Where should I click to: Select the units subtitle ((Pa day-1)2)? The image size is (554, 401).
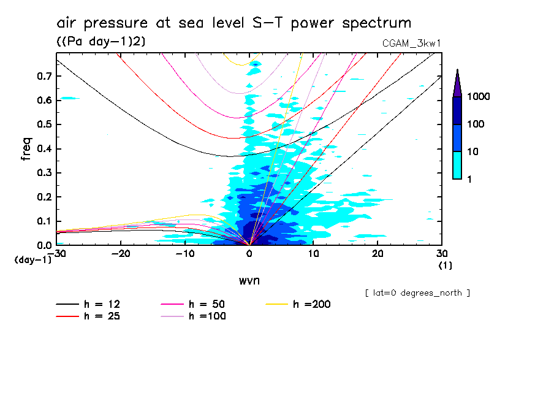tap(101, 41)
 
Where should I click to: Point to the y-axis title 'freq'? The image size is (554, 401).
tap(26, 149)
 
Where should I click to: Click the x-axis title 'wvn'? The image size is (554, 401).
tap(249, 280)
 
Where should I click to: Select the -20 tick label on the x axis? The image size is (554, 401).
tap(121, 253)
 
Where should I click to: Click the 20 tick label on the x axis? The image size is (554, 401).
tap(378, 253)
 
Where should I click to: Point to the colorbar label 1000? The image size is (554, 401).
tap(480, 97)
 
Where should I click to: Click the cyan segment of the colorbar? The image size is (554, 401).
tap(457, 165)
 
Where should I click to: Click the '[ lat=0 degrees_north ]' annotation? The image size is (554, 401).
tap(417, 293)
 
